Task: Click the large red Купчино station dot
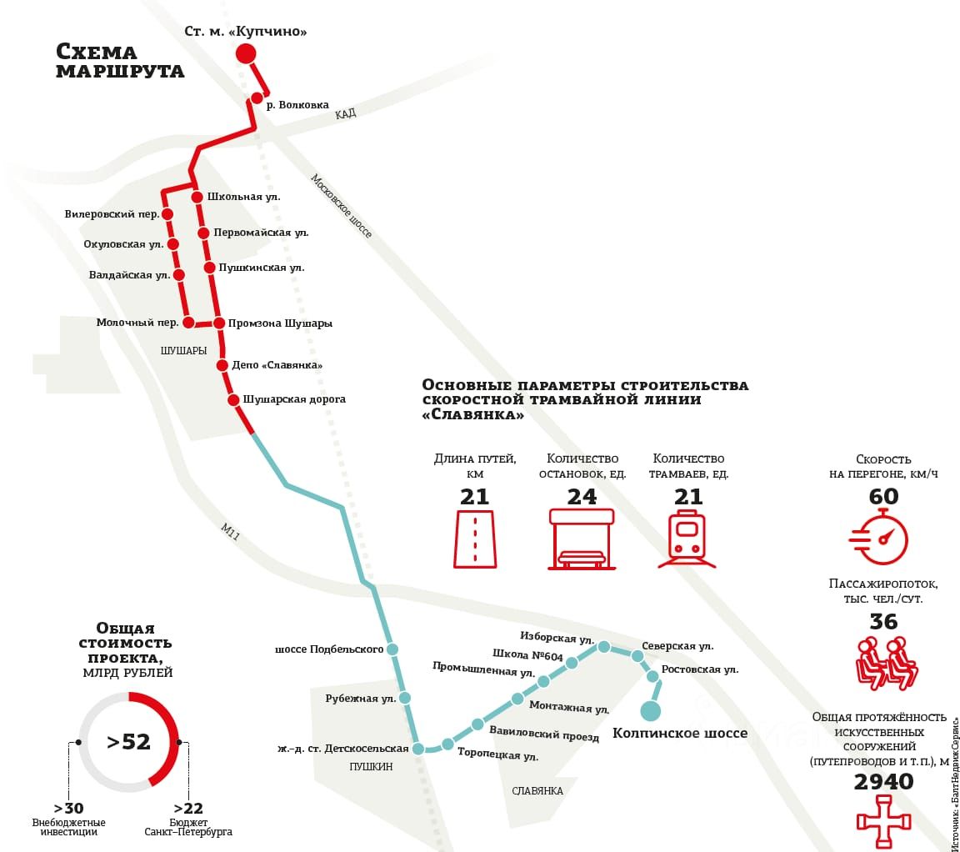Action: (x=245, y=54)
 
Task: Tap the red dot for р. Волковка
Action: (x=257, y=98)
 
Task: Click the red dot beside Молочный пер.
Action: (x=188, y=323)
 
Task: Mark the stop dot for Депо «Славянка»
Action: (x=222, y=365)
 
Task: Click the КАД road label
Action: (x=346, y=114)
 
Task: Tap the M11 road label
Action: (x=231, y=532)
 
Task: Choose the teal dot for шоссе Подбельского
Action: (x=392, y=649)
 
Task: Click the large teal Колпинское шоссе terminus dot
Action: (x=650, y=710)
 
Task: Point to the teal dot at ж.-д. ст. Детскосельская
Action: (x=418, y=749)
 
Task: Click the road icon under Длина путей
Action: (x=475, y=539)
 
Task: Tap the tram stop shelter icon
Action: (x=582, y=539)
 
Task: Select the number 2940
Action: (x=883, y=782)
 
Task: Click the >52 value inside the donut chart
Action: (x=128, y=741)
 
